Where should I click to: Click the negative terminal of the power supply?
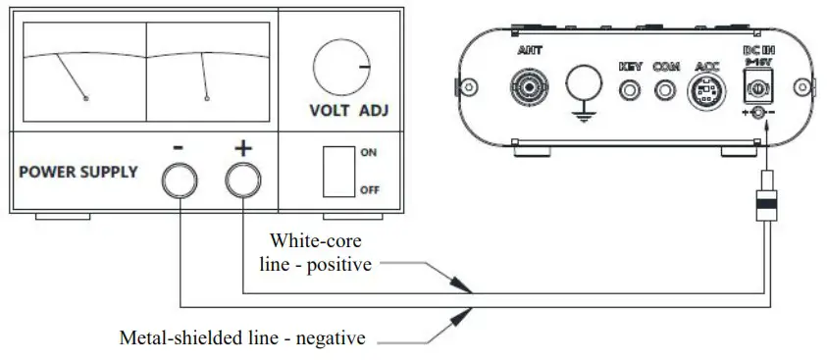(181, 179)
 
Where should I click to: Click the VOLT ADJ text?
(348, 110)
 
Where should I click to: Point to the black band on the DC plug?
(763, 204)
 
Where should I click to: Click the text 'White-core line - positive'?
(321, 252)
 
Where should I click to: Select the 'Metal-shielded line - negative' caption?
(241, 338)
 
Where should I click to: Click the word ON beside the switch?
(369, 153)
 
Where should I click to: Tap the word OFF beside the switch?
(370, 190)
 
